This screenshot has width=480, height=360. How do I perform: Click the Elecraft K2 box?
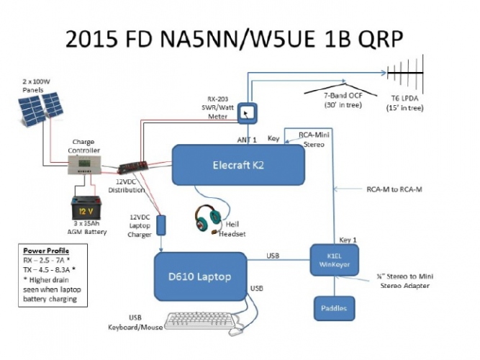coord(237,163)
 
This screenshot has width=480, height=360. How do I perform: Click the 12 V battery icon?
coord(89,209)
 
